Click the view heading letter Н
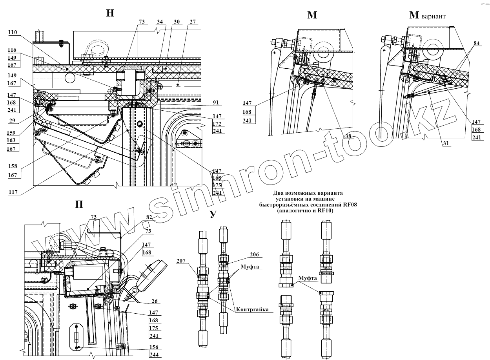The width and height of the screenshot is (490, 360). (x=110, y=13)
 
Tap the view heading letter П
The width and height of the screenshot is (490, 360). (x=78, y=205)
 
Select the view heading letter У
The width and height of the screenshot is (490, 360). (x=213, y=214)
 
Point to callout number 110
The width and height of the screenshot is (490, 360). (x=12, y=33)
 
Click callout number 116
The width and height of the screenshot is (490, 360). (x=12, y=51)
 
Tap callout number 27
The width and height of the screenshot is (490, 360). (x=193, y=22)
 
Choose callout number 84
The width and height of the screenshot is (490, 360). (x=476, y=43)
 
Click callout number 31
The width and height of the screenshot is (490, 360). (x=446, y=143)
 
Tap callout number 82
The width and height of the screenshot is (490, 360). (x=149, y=217)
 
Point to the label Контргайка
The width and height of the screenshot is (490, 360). (x=252, y=310)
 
